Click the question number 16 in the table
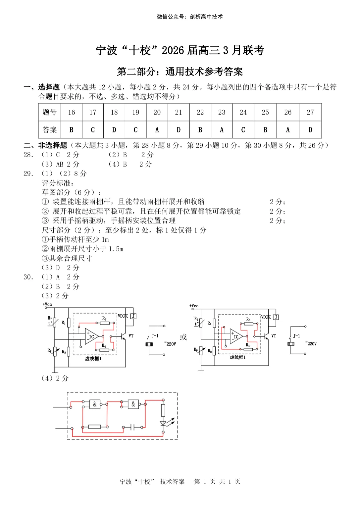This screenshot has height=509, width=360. (x=71, y=112)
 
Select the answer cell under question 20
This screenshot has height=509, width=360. (x=157, y=130)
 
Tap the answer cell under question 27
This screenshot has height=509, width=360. (x=310, y=130)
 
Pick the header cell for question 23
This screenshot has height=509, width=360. (x=222, y=112)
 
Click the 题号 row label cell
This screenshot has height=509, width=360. (x=50, y=112)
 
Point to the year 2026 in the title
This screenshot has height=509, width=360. (x=173, y=50)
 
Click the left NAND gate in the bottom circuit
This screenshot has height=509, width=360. (x=95, y=404)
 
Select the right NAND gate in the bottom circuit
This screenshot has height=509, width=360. (x=133, y=404)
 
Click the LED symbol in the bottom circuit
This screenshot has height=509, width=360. (x=163, y=424)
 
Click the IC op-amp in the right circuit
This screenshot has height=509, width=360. (x=236, y=336)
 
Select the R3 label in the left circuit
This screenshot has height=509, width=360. (x=104, y=319)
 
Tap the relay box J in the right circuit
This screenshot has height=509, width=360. (x=276, y=317)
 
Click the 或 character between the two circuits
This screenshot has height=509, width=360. (x=183, y=337)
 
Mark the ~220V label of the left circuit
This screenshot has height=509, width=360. (x=170, y=344)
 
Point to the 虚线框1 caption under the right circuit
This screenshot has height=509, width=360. (x=237, y=357)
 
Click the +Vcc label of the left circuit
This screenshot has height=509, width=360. (x=47, y=304)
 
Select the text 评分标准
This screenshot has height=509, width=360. (x=57, y=183)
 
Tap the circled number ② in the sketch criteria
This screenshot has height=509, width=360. (x=45, y=211)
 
